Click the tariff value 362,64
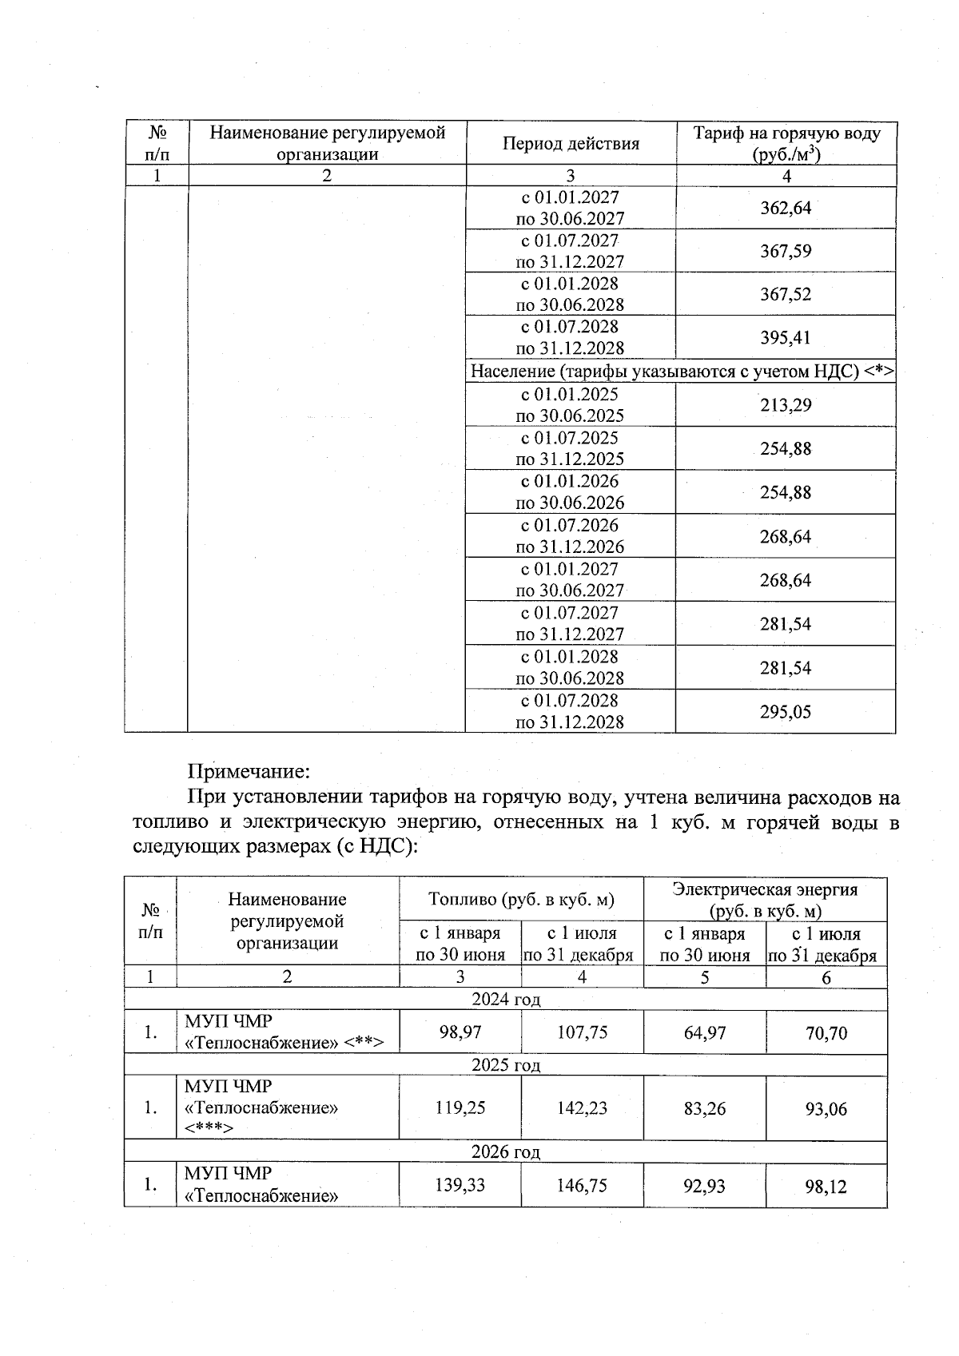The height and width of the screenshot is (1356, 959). click(x=786, y=208)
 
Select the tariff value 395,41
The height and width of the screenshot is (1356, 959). click(x=786, y=337)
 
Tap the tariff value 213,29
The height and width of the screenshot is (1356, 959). click(x=786, y=405)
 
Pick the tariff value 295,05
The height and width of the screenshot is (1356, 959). click(x=786, y=712)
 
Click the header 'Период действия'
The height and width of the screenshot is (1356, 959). click(x=571, y=144)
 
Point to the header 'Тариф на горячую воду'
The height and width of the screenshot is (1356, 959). click(x=786, y=133)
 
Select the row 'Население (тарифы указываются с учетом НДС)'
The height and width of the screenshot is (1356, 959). click(x=681, y=372)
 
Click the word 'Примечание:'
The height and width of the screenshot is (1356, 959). click(x=248, y=772)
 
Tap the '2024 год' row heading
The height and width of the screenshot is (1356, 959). click(x=506, y=1000)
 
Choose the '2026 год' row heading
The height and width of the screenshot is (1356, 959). click(x=506, y=1152)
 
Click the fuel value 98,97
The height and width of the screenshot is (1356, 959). click(x=460, y=1032)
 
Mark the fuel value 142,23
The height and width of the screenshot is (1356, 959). click(x=582, y=1108)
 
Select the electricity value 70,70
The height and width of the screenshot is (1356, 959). click(x=826, y=1033)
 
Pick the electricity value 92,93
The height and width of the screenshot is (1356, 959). click(x=704, y=1186)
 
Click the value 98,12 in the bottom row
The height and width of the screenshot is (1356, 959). click(x=826, y=1187)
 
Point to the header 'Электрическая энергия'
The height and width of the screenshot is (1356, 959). click(x=765, y=890)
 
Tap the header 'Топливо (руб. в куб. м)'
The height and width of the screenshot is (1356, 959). click(x=521, y=900)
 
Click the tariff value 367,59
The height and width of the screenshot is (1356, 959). click(x=786, y=251)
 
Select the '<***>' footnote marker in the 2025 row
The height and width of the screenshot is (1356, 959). click(x=209, y=1128)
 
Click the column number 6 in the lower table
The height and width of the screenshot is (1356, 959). click(x=826, y=977)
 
